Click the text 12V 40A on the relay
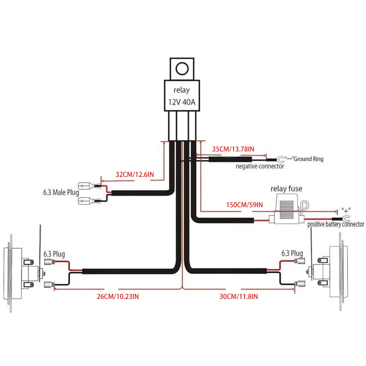click(182, 102)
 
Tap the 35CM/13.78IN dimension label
click(233, 149)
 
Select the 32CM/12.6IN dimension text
click(135, 175)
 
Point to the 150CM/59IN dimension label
click(244, 205)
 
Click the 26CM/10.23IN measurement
click(118, 296)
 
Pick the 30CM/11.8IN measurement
click(239, 296)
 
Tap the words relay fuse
click(286, 189)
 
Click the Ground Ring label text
click(308, 159)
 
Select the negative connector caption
click(260, 166)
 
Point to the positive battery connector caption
click(335, 224)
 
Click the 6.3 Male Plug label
click(61, 192)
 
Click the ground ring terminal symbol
click(280, 159)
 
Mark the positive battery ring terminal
click(345, 218)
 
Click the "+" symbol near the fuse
click(346, 210)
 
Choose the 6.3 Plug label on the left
click(54, 254)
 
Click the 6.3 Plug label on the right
click(292, 253)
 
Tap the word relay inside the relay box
click(181, 90)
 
